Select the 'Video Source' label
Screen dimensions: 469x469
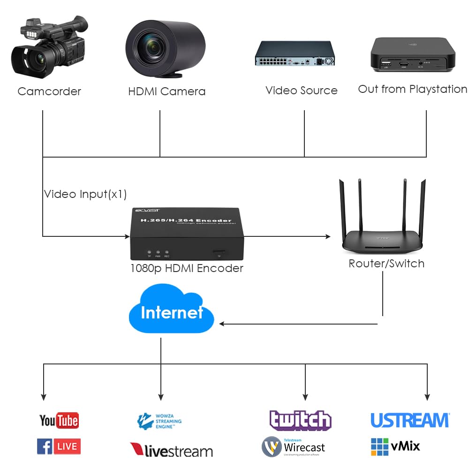pos(301,91)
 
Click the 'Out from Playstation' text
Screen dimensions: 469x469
pos(412,89)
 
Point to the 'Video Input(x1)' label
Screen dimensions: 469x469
pos(85,194)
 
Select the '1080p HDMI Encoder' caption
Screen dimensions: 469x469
pos(187,268)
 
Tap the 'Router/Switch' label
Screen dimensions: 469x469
pos(386,264)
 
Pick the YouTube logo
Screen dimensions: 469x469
pos(59,420)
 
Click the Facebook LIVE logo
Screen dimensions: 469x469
pos(59,446)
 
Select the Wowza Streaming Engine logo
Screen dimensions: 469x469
pos(159,420)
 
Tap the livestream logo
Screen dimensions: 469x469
pos(172,450)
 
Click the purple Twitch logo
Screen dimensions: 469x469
pos(300,420)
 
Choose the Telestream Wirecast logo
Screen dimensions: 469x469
pos(293,446)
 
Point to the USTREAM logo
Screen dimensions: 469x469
pos(410,420)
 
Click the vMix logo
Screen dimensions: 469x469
pos(395,446)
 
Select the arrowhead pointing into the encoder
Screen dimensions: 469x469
pos(126,236)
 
